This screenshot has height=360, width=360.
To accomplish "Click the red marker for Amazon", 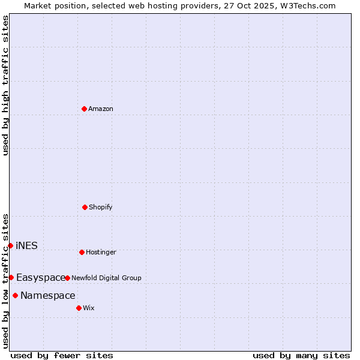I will [x=84, y=109].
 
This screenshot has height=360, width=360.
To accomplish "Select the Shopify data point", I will [x=85, y=207].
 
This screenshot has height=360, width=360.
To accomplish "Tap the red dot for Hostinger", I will [x=82, y=252].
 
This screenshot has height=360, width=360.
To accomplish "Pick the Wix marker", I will [x=79, y=308].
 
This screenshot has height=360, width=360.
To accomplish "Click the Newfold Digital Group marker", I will [x=67, y=278].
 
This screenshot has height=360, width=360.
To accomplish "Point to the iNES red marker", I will [x=10, y=245].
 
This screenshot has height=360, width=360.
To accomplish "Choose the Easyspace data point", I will [x=11, y=277].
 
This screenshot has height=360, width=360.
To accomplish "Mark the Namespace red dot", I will [x=15, y=295].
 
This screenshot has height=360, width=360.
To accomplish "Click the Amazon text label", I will [x=101, y=109].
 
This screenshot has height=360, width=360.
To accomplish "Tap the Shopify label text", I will [x=101, y=207].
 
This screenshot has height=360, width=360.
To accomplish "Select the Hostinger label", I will [x=101, y=252].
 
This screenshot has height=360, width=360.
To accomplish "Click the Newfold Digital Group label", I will [x=106, y=278].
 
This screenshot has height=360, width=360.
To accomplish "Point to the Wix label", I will [x=89, y=308].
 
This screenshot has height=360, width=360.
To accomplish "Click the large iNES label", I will [x=26, y=245].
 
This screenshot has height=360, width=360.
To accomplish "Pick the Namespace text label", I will [x=48, y=295].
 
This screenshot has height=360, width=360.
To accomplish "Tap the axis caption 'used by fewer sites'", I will [x=62, y=355].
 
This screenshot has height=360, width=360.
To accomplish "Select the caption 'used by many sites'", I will [x=301, y=355].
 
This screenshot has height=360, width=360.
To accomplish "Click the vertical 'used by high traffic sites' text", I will [x=5, y=85].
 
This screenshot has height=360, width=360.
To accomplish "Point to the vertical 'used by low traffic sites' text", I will [x=5, y=281].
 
